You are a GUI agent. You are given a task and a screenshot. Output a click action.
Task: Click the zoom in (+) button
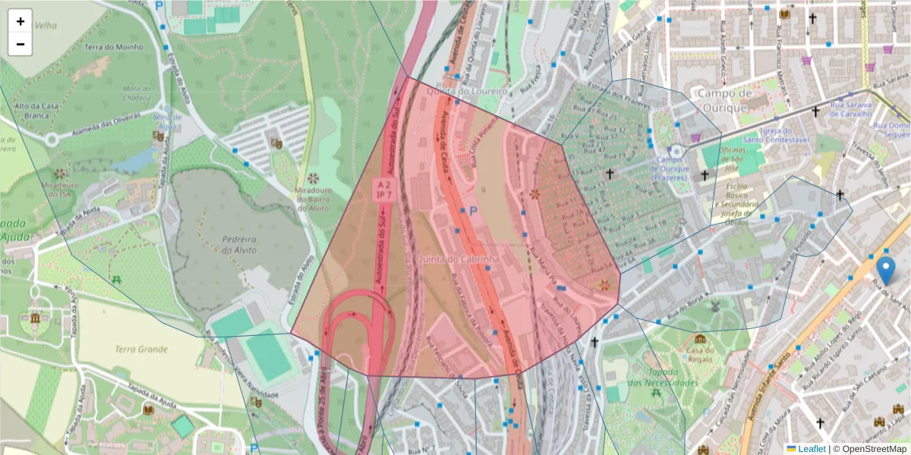(20, 21)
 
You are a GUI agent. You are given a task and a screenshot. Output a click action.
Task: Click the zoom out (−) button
(20, 44)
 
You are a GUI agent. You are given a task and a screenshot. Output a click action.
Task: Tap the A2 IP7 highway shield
(383, 190)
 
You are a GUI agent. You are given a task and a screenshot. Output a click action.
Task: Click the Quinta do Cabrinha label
(458, 259)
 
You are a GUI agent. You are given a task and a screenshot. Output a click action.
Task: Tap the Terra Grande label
(141, 350)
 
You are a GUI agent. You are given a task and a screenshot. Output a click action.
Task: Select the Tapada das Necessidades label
(662, 378)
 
